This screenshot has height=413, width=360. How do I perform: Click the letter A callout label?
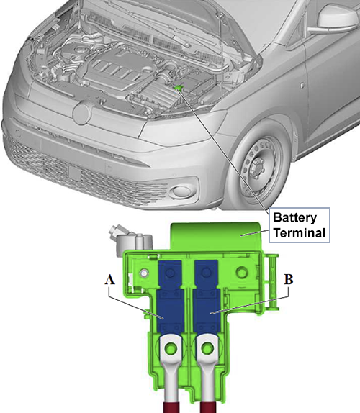point(110,280)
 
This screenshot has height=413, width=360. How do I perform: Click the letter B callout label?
point(289,279)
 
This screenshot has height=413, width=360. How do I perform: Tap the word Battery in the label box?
point(295,218)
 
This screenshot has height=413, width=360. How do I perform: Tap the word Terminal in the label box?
point(300,233)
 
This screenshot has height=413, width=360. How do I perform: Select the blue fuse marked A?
point(170,297)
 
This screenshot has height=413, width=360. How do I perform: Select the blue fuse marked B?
point(207,297)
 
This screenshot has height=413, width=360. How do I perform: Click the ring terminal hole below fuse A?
point(171,348)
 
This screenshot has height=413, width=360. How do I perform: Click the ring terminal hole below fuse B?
point(207,348)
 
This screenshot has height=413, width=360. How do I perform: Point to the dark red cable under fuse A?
point(171,407)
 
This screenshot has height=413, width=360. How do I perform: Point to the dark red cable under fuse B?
point(207,407)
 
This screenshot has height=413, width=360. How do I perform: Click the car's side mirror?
point(336,19)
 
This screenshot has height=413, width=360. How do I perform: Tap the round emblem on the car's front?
point(82,114)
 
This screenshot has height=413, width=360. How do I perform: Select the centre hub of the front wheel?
point(257,168)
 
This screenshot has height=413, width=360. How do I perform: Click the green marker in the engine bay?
point(179,88)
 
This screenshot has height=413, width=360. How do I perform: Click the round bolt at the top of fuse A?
point(170,273)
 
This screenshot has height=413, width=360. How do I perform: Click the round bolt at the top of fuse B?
point(207,273)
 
